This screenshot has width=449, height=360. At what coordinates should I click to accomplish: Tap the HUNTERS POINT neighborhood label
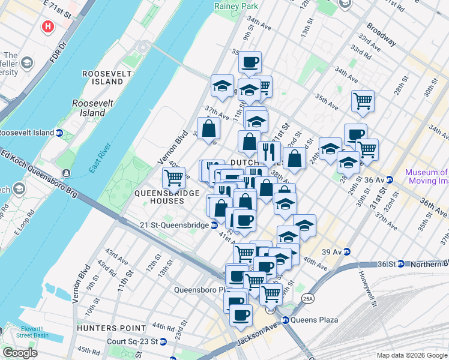[x=111, y=328]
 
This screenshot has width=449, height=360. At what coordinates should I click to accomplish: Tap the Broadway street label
[x=382, y=35]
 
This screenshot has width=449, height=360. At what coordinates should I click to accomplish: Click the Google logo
[x=20, y=353]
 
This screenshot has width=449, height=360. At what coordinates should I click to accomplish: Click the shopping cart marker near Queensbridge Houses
[x=173, y=178]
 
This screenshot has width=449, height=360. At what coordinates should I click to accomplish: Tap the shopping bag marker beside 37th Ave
[x=208, y=128]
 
